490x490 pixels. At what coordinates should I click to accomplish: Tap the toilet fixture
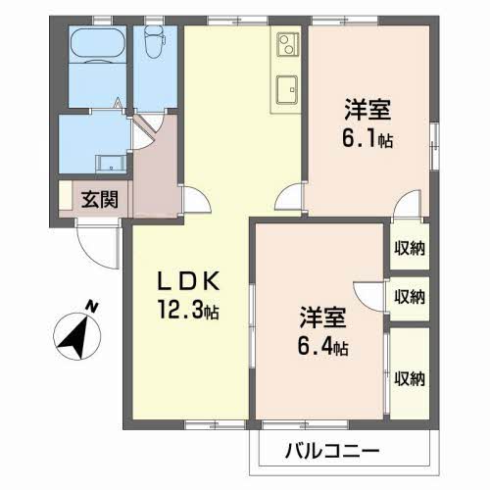coord(152,41)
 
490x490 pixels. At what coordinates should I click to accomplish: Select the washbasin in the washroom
coord(107,163)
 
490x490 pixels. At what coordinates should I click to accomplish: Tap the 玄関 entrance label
coord(99,200)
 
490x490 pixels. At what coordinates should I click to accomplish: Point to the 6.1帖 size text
coord(367,138)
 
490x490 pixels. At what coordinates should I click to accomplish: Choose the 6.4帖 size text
coord(324,348)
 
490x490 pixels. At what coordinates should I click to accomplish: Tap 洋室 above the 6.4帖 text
coord(323,318)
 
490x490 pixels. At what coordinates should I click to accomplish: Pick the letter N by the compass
coord(91,307)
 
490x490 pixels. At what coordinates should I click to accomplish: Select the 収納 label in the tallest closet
coord(409,378)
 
